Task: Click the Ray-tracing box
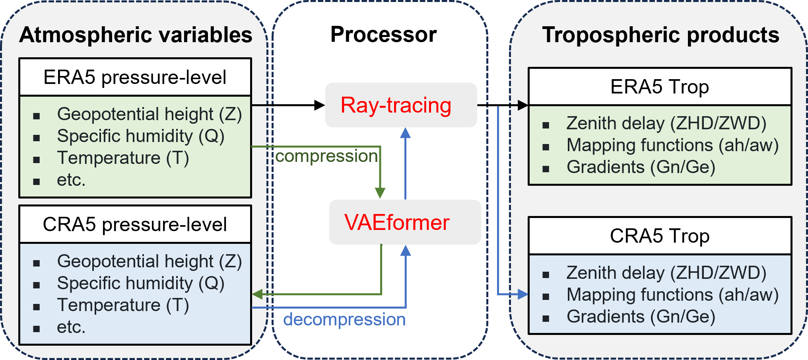pyautogui.click(x=401, y=105)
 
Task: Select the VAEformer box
pyautogui.click(x=405, y=222)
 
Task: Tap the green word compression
pyautogui.click(x=326, y=156)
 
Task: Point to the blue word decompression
pyautogui.click(x=344, y=319)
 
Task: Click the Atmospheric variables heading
pyautogui.click(x=136, y=35)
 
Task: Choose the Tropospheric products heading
pyautogui.click(x=660, y=35)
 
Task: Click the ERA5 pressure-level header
pyautogui.click(x=135, y=77)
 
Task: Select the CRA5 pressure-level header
pyautogui.click(x=135, y=224)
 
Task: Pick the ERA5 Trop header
pyautogui.click(x=660, y=87)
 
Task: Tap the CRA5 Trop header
pyautogui.click(x=660, y=236)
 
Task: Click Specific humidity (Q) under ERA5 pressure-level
pyautogui.click(x=141, y=136)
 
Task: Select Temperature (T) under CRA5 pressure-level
pyautogui.click(x=123, y=305)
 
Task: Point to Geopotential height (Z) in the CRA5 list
pyautogui.click(x=150, y=261)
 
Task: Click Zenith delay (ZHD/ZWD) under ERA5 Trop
pyautogui.click(x=666, y=123)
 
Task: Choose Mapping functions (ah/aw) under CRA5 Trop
pyautogui.click(x=672, y=295)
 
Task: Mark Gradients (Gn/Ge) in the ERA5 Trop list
pyautogui.click(x=641, y=167)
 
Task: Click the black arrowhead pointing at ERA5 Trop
pyautogui.click(x=522, y=105)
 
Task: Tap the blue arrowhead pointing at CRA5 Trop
pyautogui.click(x=522, y=294)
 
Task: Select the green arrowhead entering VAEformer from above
pyautogui.click(x=381, y=193)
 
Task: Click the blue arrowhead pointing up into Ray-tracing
pyautogui.click(x=405, y=133)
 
